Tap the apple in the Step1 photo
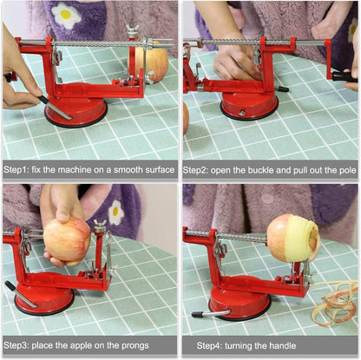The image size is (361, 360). coord(154,62)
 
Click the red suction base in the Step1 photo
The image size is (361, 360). coord(76,111)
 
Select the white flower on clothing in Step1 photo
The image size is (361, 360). coord(66,15)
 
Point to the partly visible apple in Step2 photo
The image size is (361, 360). coord(185,117)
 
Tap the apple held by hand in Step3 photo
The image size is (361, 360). coord(67,239)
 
